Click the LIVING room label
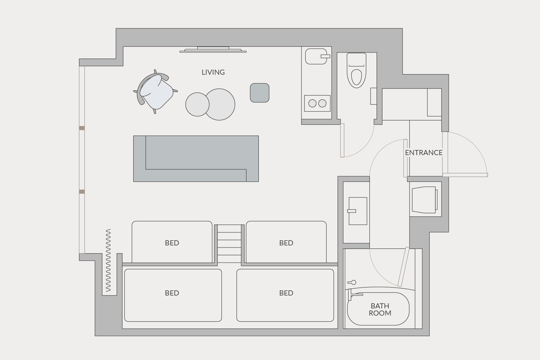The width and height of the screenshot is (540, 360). (213, 72)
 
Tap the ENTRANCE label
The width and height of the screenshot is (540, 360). (424, 153)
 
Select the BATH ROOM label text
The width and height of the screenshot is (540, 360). (380, 310)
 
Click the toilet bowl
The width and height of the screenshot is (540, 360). (356, 77)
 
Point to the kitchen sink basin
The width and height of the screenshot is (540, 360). (316, 56)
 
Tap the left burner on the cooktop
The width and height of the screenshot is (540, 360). (312, 103)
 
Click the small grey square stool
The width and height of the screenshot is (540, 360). (259, 93)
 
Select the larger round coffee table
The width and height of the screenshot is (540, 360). (220, 104)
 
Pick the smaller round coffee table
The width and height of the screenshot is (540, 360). (197, 104)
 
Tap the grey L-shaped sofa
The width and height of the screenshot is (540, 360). (196, 158)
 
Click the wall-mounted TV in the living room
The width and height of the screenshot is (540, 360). (213, 50)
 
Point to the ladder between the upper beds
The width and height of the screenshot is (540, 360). (229, 244)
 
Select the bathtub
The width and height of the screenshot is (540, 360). (378, 309)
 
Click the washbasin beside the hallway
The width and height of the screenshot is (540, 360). (358, 211)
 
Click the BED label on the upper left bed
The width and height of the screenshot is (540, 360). (172, 243)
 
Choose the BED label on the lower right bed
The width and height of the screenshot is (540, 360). (286, 293)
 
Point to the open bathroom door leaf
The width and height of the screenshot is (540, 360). (403, 267)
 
